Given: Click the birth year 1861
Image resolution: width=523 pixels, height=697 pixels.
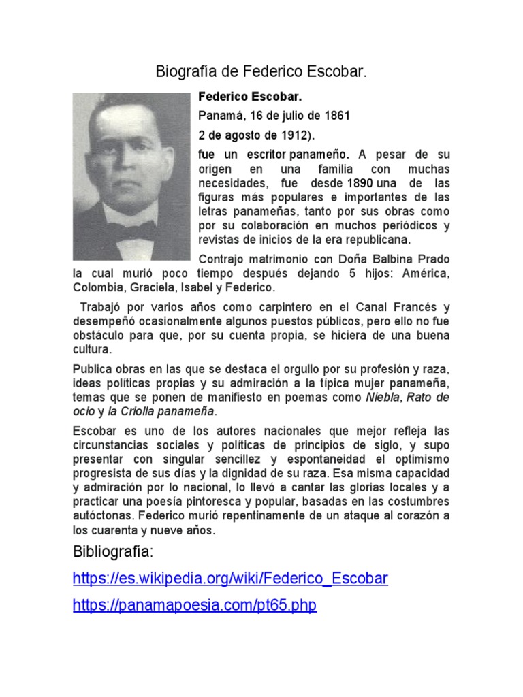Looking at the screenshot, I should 336,116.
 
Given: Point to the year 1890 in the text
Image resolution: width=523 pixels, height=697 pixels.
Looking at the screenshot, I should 360,183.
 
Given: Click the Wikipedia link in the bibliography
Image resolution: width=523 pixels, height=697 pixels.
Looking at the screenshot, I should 230,579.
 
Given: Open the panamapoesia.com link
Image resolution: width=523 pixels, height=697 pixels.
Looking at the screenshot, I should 195,605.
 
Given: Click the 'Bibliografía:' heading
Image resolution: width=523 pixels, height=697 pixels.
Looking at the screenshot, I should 114,551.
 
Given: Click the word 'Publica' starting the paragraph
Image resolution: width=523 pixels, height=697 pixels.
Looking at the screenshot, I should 93,369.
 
